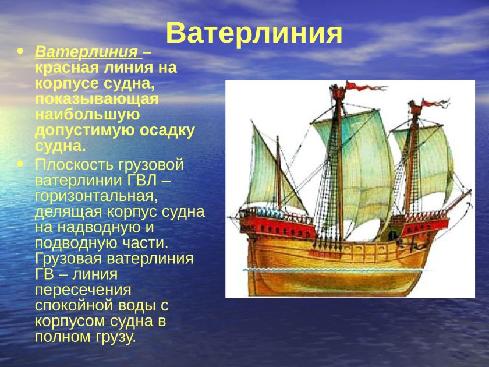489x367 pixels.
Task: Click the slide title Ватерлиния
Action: [254, 33]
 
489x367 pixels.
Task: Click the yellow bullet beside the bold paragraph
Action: [22, 52]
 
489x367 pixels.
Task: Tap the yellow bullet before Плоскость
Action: [22, 164]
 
